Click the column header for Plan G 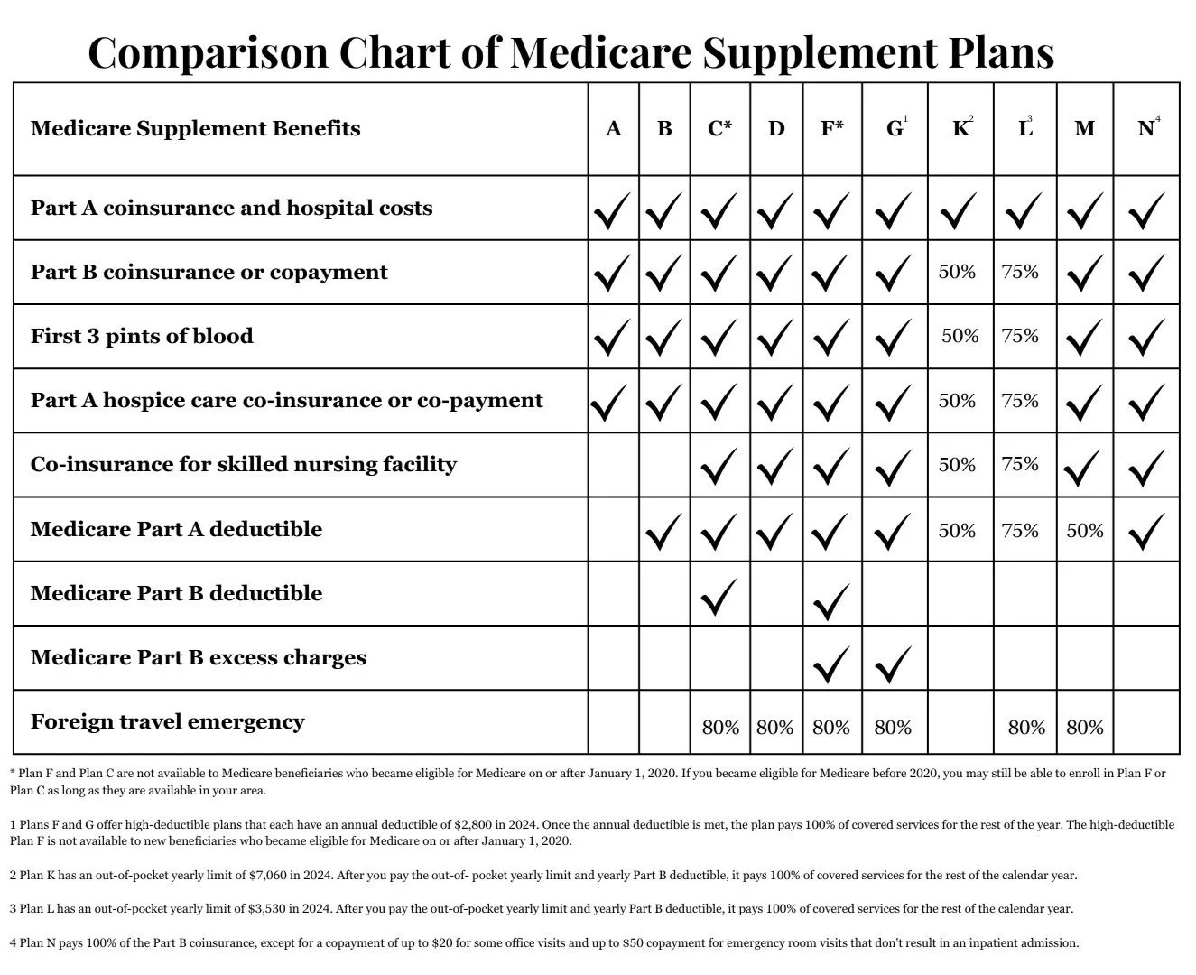[x=895, y=128]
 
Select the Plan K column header [x=961, y=128]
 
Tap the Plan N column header [x=1146, y=128]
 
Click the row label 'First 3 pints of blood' [x=142, y=336]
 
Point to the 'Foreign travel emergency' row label [x=167, y=721]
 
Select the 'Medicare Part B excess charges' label [x=198, y=657]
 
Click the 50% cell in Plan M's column [x=1084, y=531]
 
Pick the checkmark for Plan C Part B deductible [x=719, y=597]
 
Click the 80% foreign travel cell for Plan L [x=1026, y=727]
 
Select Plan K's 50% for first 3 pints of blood [x=960, y=336]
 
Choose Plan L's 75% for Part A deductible [x=1020, y=531]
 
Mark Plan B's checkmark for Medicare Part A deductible [x=663, y=532]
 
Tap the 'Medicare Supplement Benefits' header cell [x=195, y=128]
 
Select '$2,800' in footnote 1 [x=481, y=824]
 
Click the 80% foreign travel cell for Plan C [x=720, y=727]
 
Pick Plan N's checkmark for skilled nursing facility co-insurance [x=1145, y=468]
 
